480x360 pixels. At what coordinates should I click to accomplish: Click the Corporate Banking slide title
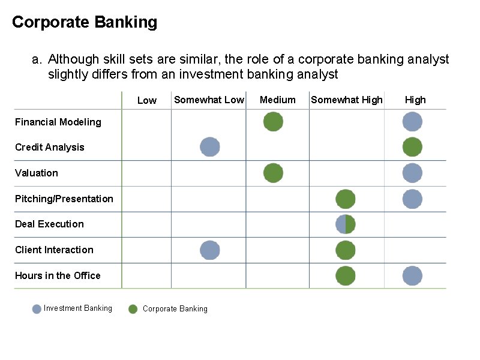pyautogui.click(x=85, y=22)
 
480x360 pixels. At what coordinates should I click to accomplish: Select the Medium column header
pyautogui.click(x=277, y=100)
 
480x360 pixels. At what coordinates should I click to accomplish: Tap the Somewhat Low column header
pyautogui.click(x=209, y=100)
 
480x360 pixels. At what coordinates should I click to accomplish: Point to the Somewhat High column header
pyautogui.click(x=346, y=100)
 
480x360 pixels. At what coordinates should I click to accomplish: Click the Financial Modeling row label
pyautogui.click(x=58, y=122)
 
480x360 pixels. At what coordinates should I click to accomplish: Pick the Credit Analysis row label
pyautogui.click(x=50, y=147)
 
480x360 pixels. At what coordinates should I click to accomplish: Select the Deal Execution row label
pyautogui.click(x=49, y=224)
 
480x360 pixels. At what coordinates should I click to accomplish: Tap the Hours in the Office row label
pyautogui.click(x=58, y=275)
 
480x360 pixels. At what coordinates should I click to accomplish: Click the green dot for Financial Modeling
pyautogui.click(x=273, y=122)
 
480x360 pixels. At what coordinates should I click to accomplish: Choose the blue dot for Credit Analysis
pyautogui.click(x=209, y=147)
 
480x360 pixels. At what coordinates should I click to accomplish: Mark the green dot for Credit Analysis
pyautogui.click(x=412, y=147)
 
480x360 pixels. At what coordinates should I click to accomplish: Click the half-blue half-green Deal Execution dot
pyautogui.click(x=345, y=224)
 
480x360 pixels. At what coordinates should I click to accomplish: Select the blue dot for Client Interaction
pyautogui.click(x=209, y=250)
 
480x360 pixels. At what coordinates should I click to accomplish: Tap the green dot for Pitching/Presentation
pyautogui.click(x=345, y=199)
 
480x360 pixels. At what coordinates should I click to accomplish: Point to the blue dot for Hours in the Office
pyautogui.click(x=412, y=276)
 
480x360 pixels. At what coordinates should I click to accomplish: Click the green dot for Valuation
pyautogui.click(x=273, y=173)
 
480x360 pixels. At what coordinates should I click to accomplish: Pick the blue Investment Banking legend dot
pyautogui.click(x=37, y=309)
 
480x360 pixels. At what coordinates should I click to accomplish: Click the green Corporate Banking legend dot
pyautogui.click(x=133, y=309)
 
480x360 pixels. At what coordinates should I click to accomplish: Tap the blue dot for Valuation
pyautogui.click(x=412, y=173)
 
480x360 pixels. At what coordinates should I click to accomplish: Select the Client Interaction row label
pyautogui.click(x=54, y=250)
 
